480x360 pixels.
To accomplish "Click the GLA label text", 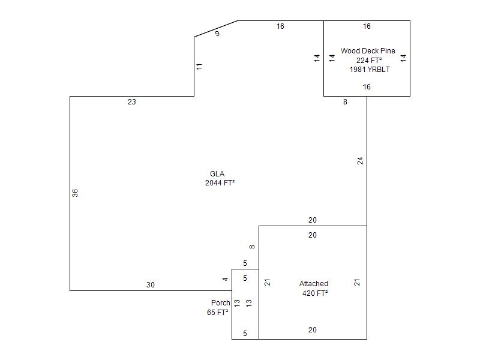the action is (217, 174).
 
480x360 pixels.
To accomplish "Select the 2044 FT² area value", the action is (220, 183).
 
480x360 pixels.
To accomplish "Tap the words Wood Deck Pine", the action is (368, 51).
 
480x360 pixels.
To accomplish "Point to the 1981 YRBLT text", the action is (370, 70).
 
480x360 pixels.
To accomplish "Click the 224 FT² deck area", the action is (369, 61).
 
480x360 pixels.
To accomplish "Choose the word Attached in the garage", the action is (313, 284).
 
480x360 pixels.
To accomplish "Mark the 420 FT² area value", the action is (315, 293).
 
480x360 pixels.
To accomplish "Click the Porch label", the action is (220, 303).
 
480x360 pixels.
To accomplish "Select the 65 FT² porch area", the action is (217, 312).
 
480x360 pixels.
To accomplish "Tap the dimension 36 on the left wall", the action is (75, 193).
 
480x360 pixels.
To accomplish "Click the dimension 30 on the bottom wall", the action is (151, 285).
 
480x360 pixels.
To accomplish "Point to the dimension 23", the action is (131, 102).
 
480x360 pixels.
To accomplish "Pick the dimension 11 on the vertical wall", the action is (199, 67).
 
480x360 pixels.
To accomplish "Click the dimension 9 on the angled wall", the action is (217, 34).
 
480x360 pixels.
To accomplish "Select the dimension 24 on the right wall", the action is (360, 161).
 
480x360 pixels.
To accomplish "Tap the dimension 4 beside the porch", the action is (226, 279).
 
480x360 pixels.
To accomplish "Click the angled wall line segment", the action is (216, 29).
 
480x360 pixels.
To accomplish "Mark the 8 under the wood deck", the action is (345, 102).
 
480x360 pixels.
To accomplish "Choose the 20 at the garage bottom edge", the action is (312, 330).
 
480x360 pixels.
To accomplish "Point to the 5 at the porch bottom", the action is (245, 334).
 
